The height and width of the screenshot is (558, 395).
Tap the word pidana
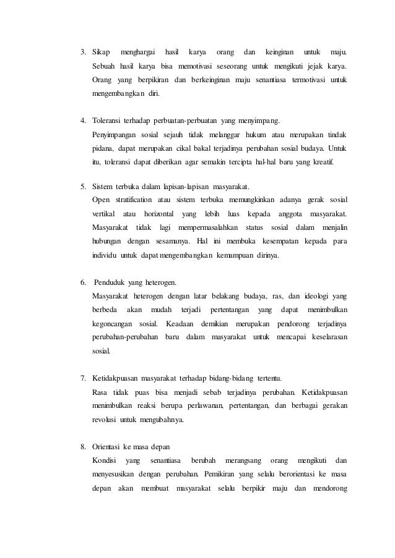coord(102,148)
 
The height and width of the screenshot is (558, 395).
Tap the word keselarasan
coord(324,337)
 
